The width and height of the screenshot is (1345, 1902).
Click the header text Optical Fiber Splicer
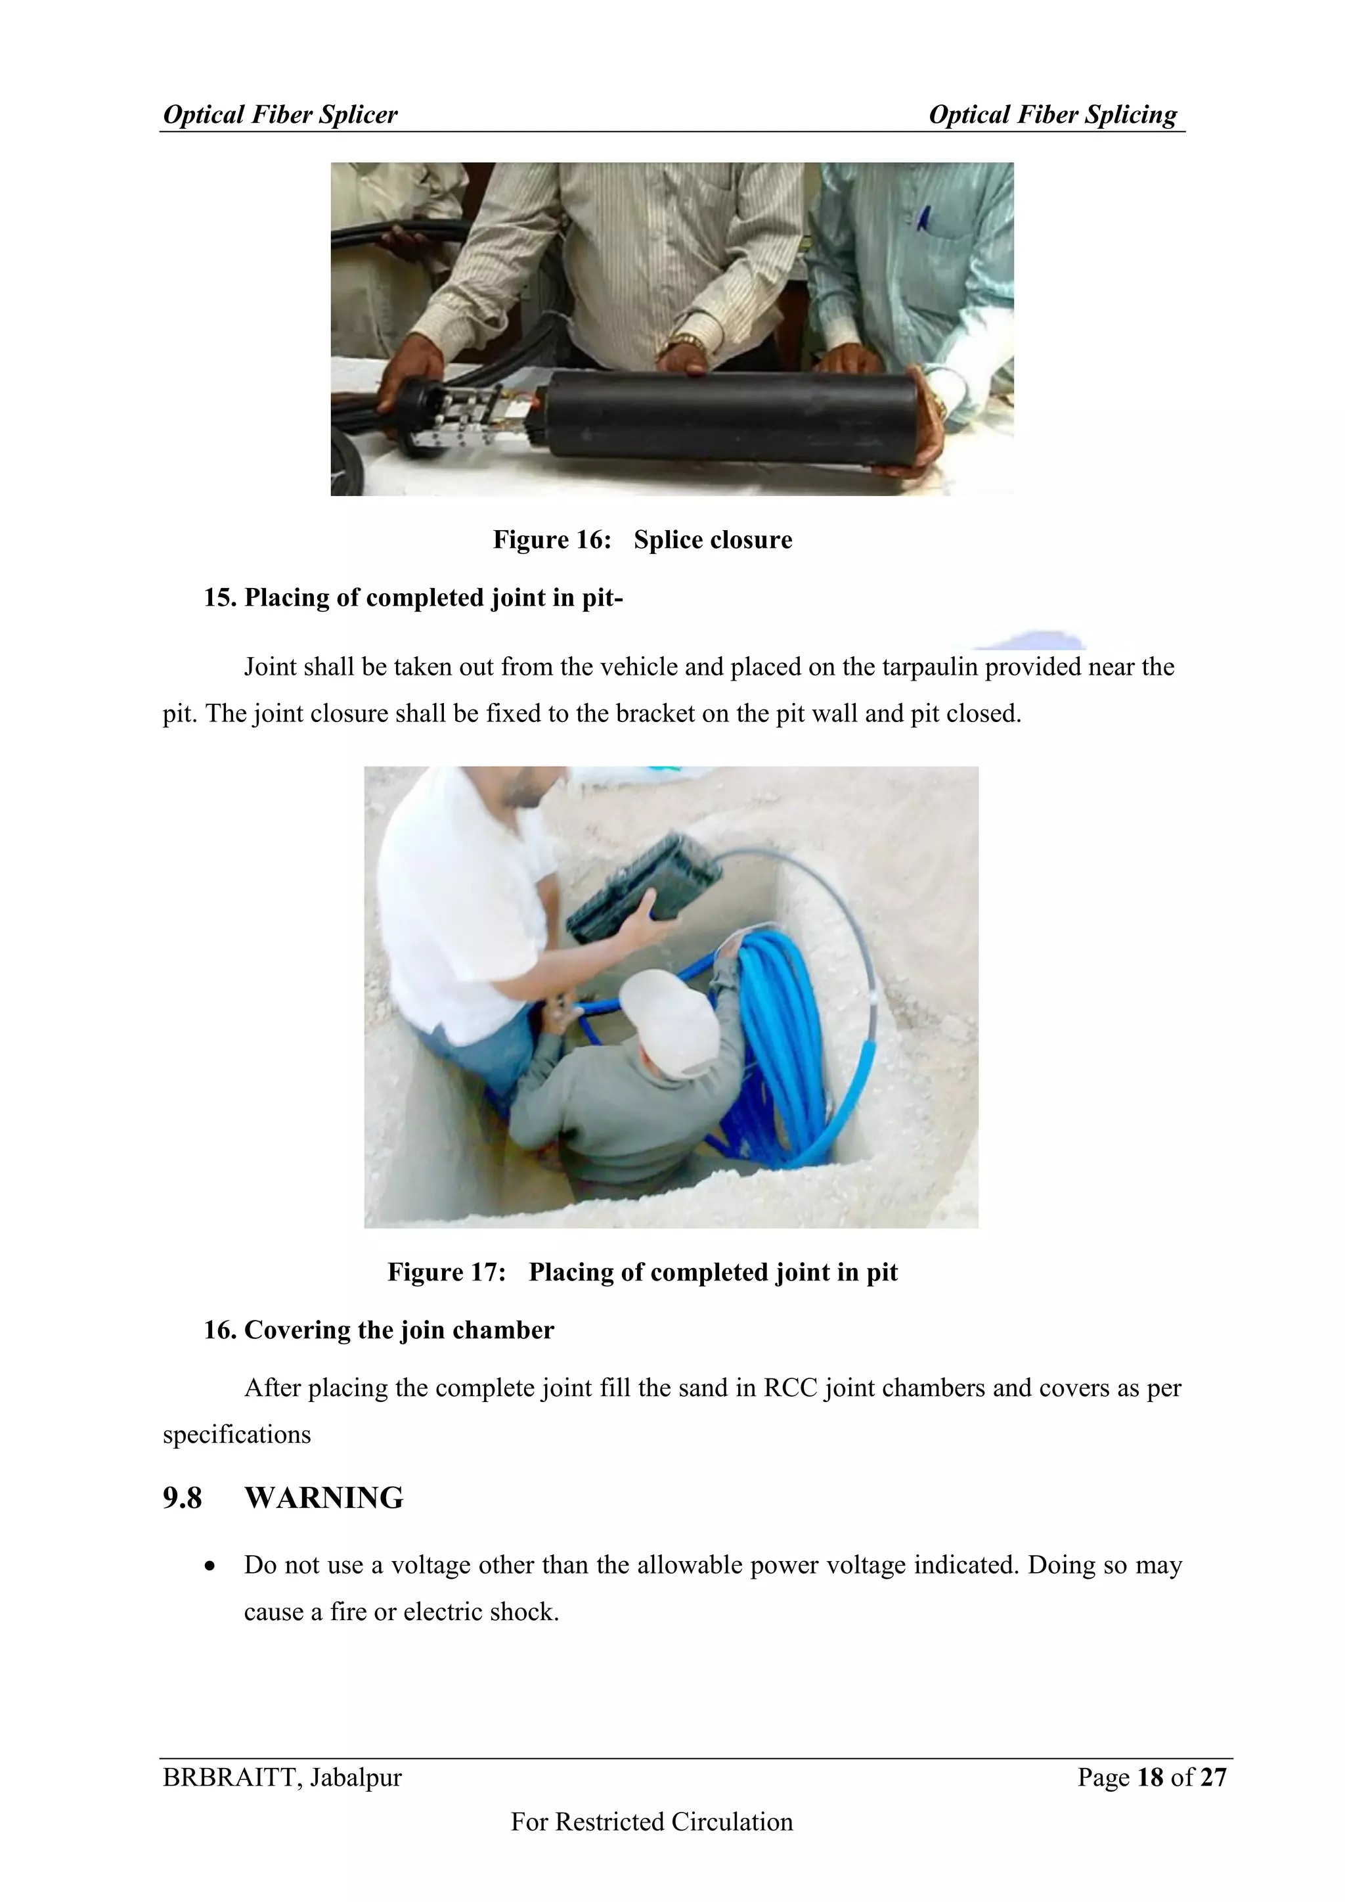point(280,114)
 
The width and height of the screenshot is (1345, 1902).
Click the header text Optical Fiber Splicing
point(1052,114)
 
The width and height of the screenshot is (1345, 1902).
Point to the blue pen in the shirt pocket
point(923,217)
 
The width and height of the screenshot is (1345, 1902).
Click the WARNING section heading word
point(324,1499)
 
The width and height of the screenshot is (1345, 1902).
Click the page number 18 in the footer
point(1151,1778)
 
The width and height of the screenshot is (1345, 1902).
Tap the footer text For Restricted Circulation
point(651,1823)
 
